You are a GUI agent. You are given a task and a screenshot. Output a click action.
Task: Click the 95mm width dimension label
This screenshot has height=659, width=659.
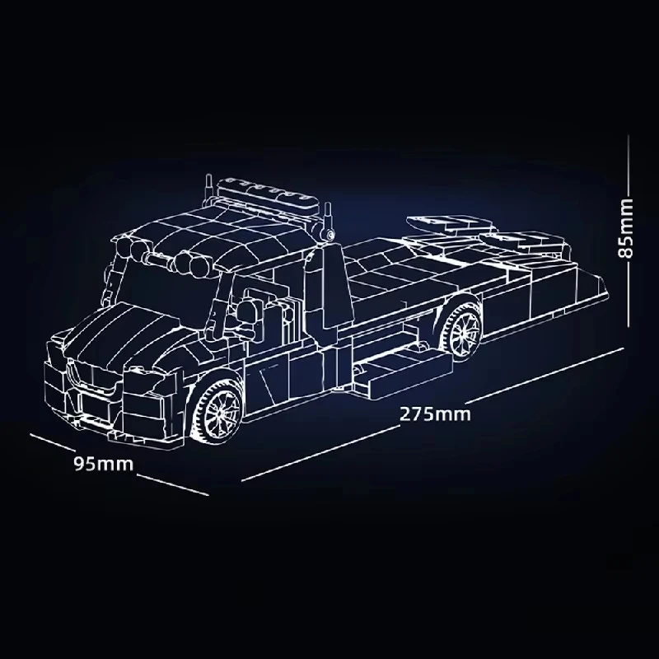tap(103, 463)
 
